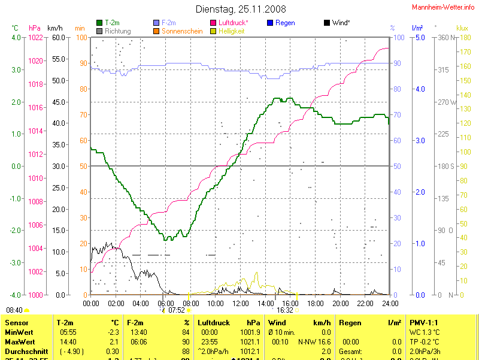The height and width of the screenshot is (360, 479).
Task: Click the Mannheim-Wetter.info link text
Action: pyautogui.click(x=444, y=7)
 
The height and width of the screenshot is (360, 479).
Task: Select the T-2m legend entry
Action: pyautogui.click(x=112, y=23)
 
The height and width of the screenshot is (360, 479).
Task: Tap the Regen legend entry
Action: pyautogui.click(x=285, y=23)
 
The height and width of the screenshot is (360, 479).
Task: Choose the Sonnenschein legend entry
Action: pyautogui.click(x=181, y=31)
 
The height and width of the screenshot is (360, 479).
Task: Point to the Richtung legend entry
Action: pyautogui.click(x=117, y=31)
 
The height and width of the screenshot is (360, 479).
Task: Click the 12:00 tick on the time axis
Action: pyautogui.click(x=240, y=303)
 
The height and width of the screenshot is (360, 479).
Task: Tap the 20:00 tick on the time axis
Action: pyautogui.click(x=340, y=303)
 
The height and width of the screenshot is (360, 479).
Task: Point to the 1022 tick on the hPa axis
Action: pyautogui.click(x=35, y=38)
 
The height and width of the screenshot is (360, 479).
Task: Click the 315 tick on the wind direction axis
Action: pyautogui.click(x=444, y=70)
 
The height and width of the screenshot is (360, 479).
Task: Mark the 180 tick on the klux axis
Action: pyautogui.click(x=462, y=38)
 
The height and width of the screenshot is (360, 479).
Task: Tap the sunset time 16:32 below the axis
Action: pyautogui.click(x=284, y=310)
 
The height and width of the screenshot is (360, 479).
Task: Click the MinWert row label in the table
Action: pyautogui.click(x=20, y=332)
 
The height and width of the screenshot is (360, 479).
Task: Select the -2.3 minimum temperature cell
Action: pyautogui.click(x=113, y=332)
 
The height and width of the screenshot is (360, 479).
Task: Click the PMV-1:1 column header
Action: pyautogui.click(x=425, y=323)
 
